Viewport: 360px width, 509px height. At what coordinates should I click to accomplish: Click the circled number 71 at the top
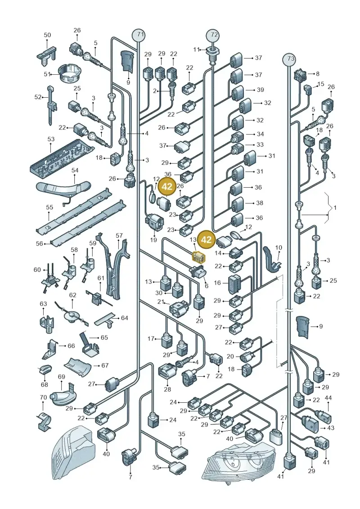coord(139,34)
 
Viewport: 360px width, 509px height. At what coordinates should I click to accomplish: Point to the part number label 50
coord(47,35)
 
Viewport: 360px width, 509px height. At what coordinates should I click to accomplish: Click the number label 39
coord(261,90)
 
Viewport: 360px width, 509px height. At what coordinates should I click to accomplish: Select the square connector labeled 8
coord(299,76)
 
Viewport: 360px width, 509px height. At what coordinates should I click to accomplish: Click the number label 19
coord(153,240)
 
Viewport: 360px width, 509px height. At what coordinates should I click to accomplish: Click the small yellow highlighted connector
coord(198,257)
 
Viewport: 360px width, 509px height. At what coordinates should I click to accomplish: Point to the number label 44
coord(328,398)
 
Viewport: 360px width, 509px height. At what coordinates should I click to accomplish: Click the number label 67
coord(105,365)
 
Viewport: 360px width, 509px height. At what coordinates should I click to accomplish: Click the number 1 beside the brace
coord(335,207)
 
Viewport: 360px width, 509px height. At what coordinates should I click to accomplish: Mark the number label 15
coord(321,84)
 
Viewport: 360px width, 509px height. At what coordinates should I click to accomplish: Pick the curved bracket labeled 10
coord(272,258)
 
